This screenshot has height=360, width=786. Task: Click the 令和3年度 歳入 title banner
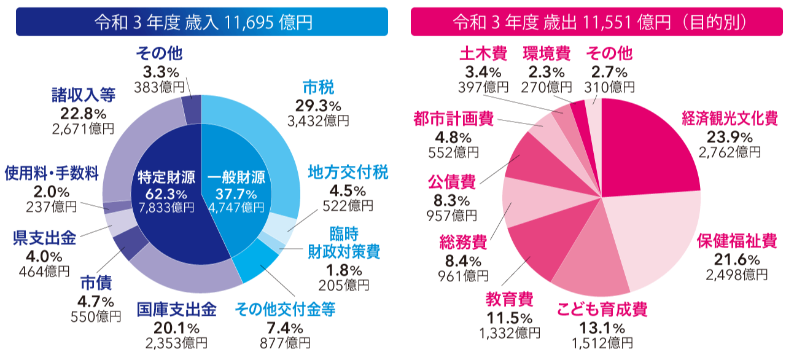tap(202, 22)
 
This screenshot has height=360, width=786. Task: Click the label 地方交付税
tap(348, 173)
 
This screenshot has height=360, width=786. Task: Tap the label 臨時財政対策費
tap(344, 243)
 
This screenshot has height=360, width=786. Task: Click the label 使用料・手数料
tap(52, 174)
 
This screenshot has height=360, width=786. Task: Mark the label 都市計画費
tap(453, 119)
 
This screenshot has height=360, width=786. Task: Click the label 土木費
tap(483, 53)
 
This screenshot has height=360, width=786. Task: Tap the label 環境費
tap(547, 53)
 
